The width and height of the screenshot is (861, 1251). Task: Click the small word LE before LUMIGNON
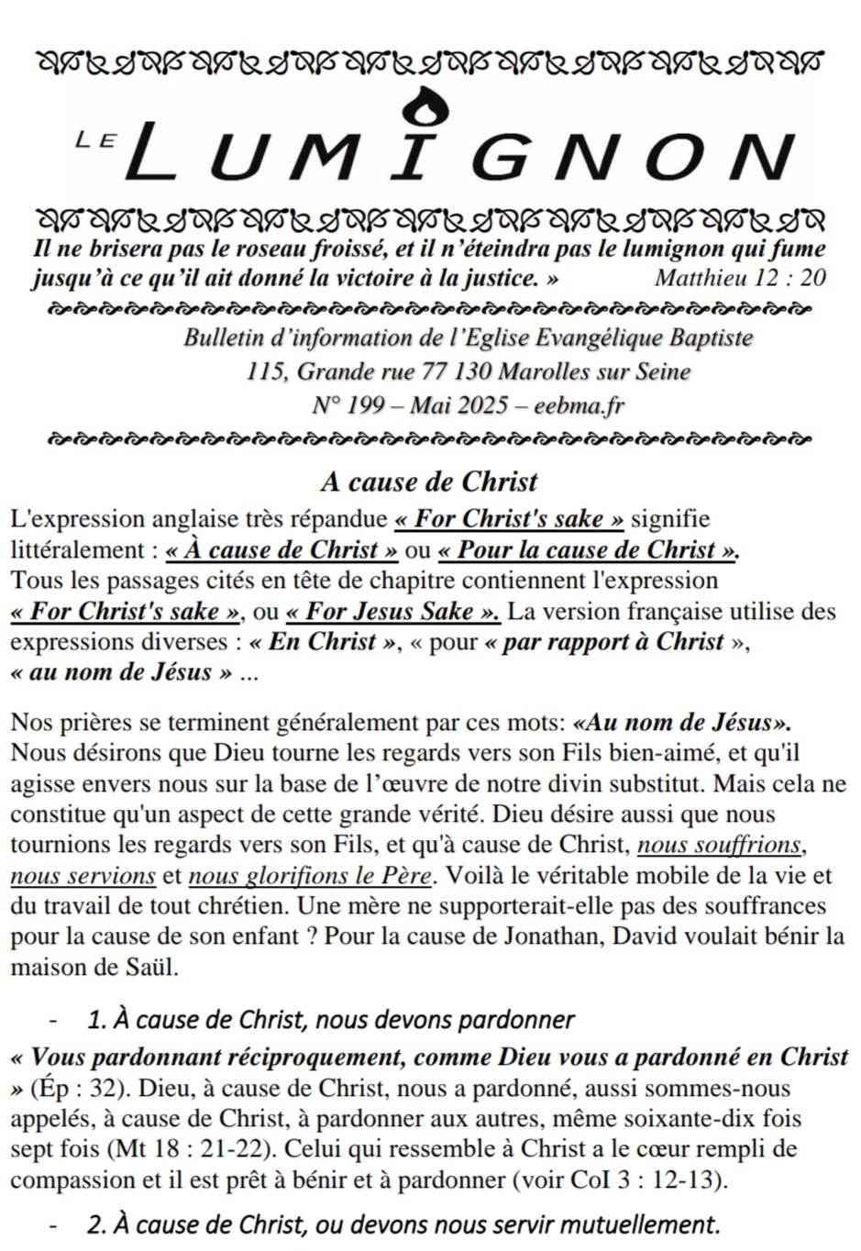click(94, 139)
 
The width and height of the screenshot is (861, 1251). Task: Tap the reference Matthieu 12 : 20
click(740, 277)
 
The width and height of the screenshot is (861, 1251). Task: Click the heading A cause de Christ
click(429, 482)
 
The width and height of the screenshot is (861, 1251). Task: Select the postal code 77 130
click(456, 371)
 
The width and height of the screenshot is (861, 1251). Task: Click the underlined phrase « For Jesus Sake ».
click(393, 611)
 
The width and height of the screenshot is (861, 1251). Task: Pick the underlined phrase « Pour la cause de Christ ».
click(589, 550)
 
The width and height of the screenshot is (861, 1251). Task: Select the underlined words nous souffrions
click(720, 845)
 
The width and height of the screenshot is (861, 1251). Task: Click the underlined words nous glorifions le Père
click(309, 876)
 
